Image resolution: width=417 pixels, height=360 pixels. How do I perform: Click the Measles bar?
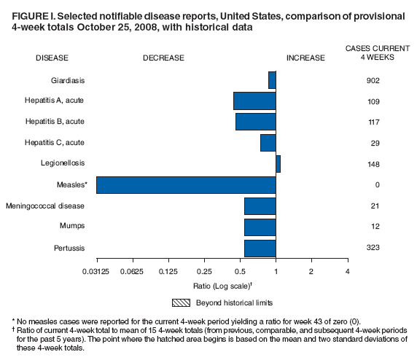186,185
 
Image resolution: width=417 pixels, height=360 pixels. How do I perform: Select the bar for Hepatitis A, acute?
254,101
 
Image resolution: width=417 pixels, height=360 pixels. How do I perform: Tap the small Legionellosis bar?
278,164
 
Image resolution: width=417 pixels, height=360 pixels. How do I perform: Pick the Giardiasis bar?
272,79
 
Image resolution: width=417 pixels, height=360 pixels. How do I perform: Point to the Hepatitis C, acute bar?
268,143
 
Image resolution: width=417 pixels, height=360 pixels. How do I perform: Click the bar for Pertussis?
260,248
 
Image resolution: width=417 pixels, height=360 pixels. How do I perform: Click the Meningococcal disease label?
46,206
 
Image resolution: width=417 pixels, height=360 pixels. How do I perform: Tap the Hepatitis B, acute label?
55,122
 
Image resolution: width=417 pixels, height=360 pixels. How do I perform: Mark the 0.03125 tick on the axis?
97,271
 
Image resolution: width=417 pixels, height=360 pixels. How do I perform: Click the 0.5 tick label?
240,271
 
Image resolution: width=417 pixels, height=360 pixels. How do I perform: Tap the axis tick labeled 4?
347,271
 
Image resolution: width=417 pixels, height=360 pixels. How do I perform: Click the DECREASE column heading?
163,58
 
